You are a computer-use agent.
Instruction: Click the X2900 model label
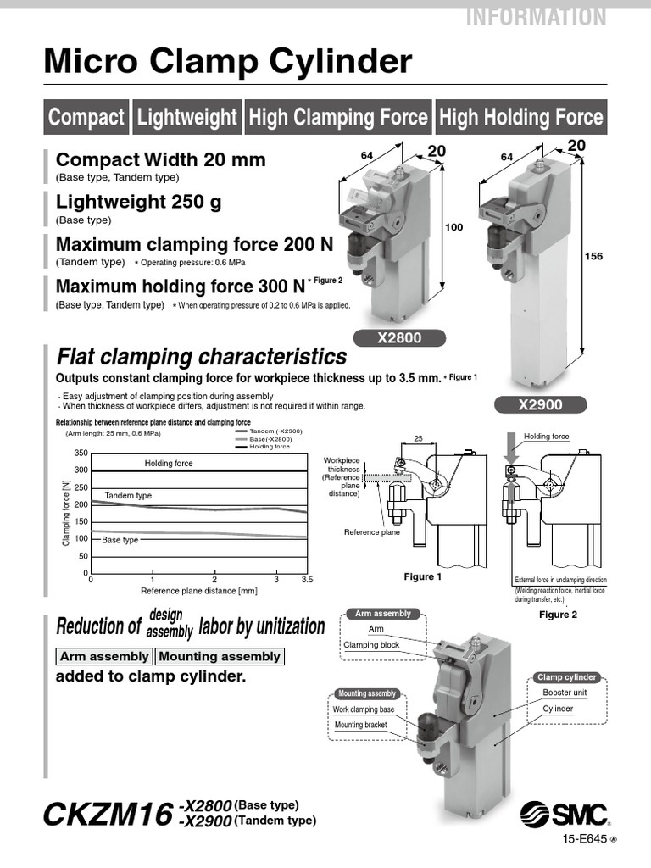(540, 405)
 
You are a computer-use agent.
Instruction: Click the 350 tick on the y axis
(81, 453)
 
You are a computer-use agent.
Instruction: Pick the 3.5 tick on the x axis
(307, 580)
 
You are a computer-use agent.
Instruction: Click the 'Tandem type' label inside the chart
(128, 495)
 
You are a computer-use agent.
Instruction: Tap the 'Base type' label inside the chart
(120, 540)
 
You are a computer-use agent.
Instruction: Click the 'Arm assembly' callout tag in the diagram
(382, 614)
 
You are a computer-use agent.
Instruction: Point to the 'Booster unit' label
(565, 693)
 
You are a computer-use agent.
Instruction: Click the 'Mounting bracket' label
(360, 725)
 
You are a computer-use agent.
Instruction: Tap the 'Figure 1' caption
(423, 576)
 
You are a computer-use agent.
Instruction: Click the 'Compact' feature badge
(86, 117)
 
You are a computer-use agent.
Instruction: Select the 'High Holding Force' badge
(521, 117)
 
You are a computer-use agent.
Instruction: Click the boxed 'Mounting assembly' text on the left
(219, 656)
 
